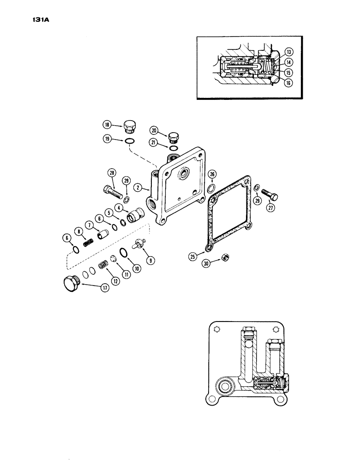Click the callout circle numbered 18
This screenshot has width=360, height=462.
click(x=107, y=124)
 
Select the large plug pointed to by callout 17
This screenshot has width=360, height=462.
click(x=71, y=283)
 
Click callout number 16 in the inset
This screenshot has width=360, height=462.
click(x=289, y=83)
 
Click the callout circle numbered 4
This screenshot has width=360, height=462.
click(x=119, y=208)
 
